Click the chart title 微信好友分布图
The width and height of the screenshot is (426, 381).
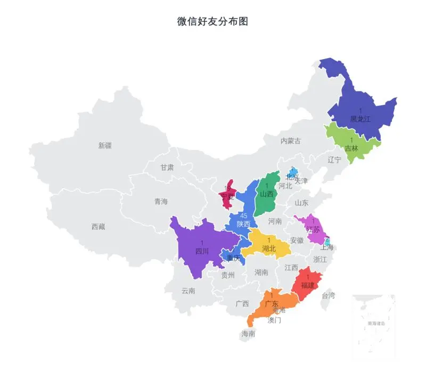tap(212, 22)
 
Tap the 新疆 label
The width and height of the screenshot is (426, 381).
tap(105, 145)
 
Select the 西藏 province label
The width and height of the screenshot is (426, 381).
tap(98, 227)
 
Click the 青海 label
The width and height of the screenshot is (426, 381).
tap(161, 202)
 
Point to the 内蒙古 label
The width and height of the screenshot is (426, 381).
tap(290, 141)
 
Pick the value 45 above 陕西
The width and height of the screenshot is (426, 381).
tap(244, 216)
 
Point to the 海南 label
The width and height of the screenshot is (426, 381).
tap(248, 334)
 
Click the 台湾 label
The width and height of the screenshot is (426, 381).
tap(329, 295)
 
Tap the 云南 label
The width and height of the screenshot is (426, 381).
tap(188, 291)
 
